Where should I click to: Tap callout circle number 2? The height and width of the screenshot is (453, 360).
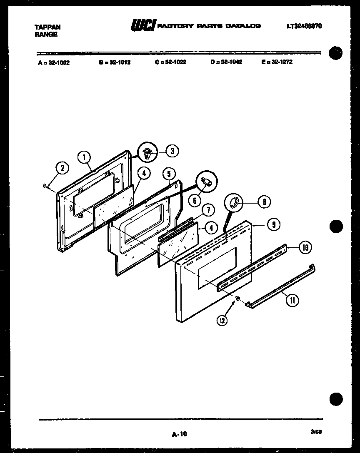(62, 168)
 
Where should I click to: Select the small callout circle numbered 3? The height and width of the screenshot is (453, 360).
(172, 151)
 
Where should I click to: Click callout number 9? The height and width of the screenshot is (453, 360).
(273, 225)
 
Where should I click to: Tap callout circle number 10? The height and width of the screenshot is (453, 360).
(305, 248)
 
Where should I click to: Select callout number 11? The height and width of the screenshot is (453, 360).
(294, 301)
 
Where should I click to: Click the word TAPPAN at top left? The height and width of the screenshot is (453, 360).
(47, 27)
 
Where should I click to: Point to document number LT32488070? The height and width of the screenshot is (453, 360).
(304, 26)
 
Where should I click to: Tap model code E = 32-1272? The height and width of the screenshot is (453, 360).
(277, 62)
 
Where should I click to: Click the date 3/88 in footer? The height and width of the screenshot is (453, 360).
(316, 432)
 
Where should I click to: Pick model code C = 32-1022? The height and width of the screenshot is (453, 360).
(170, 62)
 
